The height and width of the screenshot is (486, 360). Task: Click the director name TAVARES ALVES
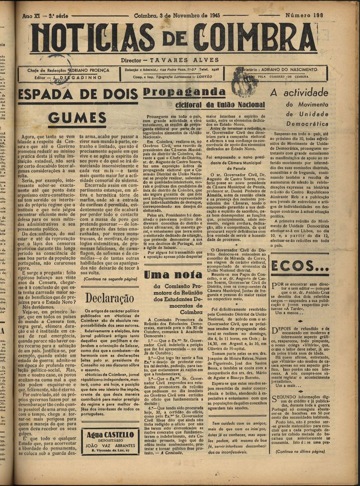[x=184, y=60]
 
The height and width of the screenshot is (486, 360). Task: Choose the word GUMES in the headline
[x=77, y=119]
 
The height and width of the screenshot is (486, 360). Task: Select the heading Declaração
[x=110, y=298]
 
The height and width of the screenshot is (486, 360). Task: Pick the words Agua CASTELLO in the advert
[x=110, y=436]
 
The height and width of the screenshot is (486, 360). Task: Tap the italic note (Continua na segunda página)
[x=110, y=279]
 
